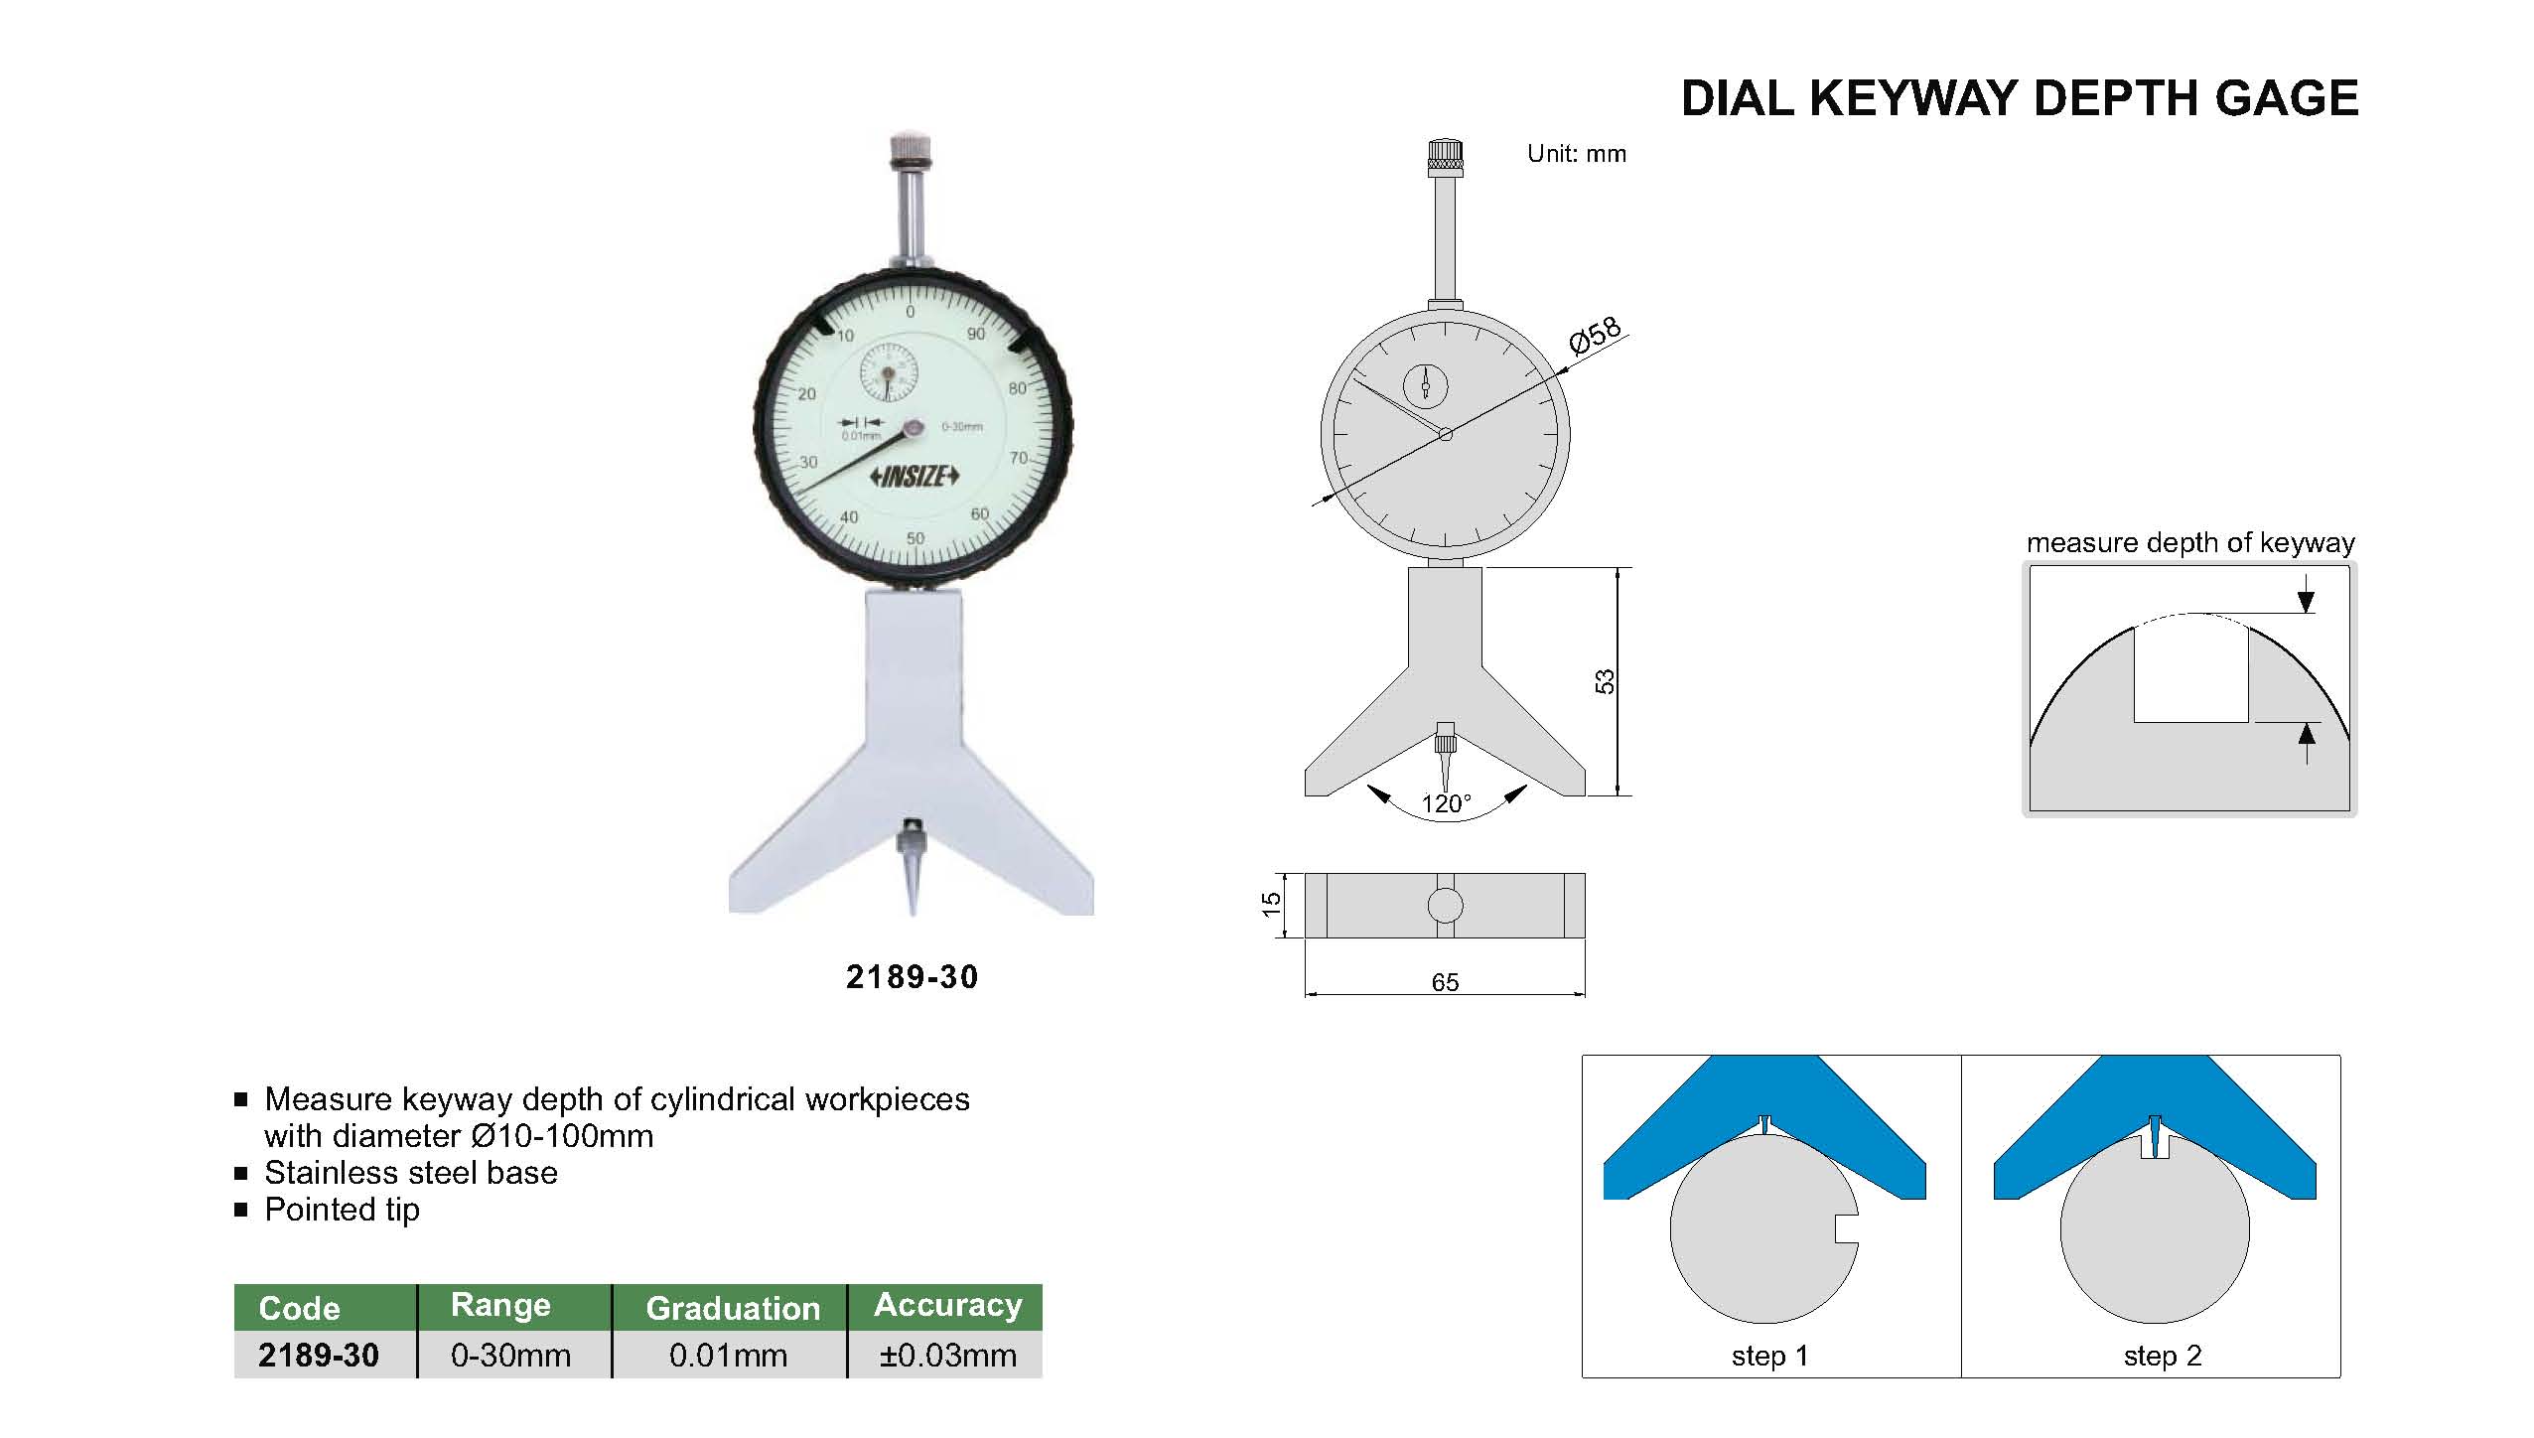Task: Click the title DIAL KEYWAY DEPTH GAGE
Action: [2020, 98]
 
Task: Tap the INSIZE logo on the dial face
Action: [915, 477]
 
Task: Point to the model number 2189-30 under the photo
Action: [912, 977]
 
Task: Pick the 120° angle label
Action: [1446, 803]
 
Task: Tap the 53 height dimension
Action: [1606, 682]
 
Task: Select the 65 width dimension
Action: [1445, 982]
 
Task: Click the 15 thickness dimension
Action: [1272, 905]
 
